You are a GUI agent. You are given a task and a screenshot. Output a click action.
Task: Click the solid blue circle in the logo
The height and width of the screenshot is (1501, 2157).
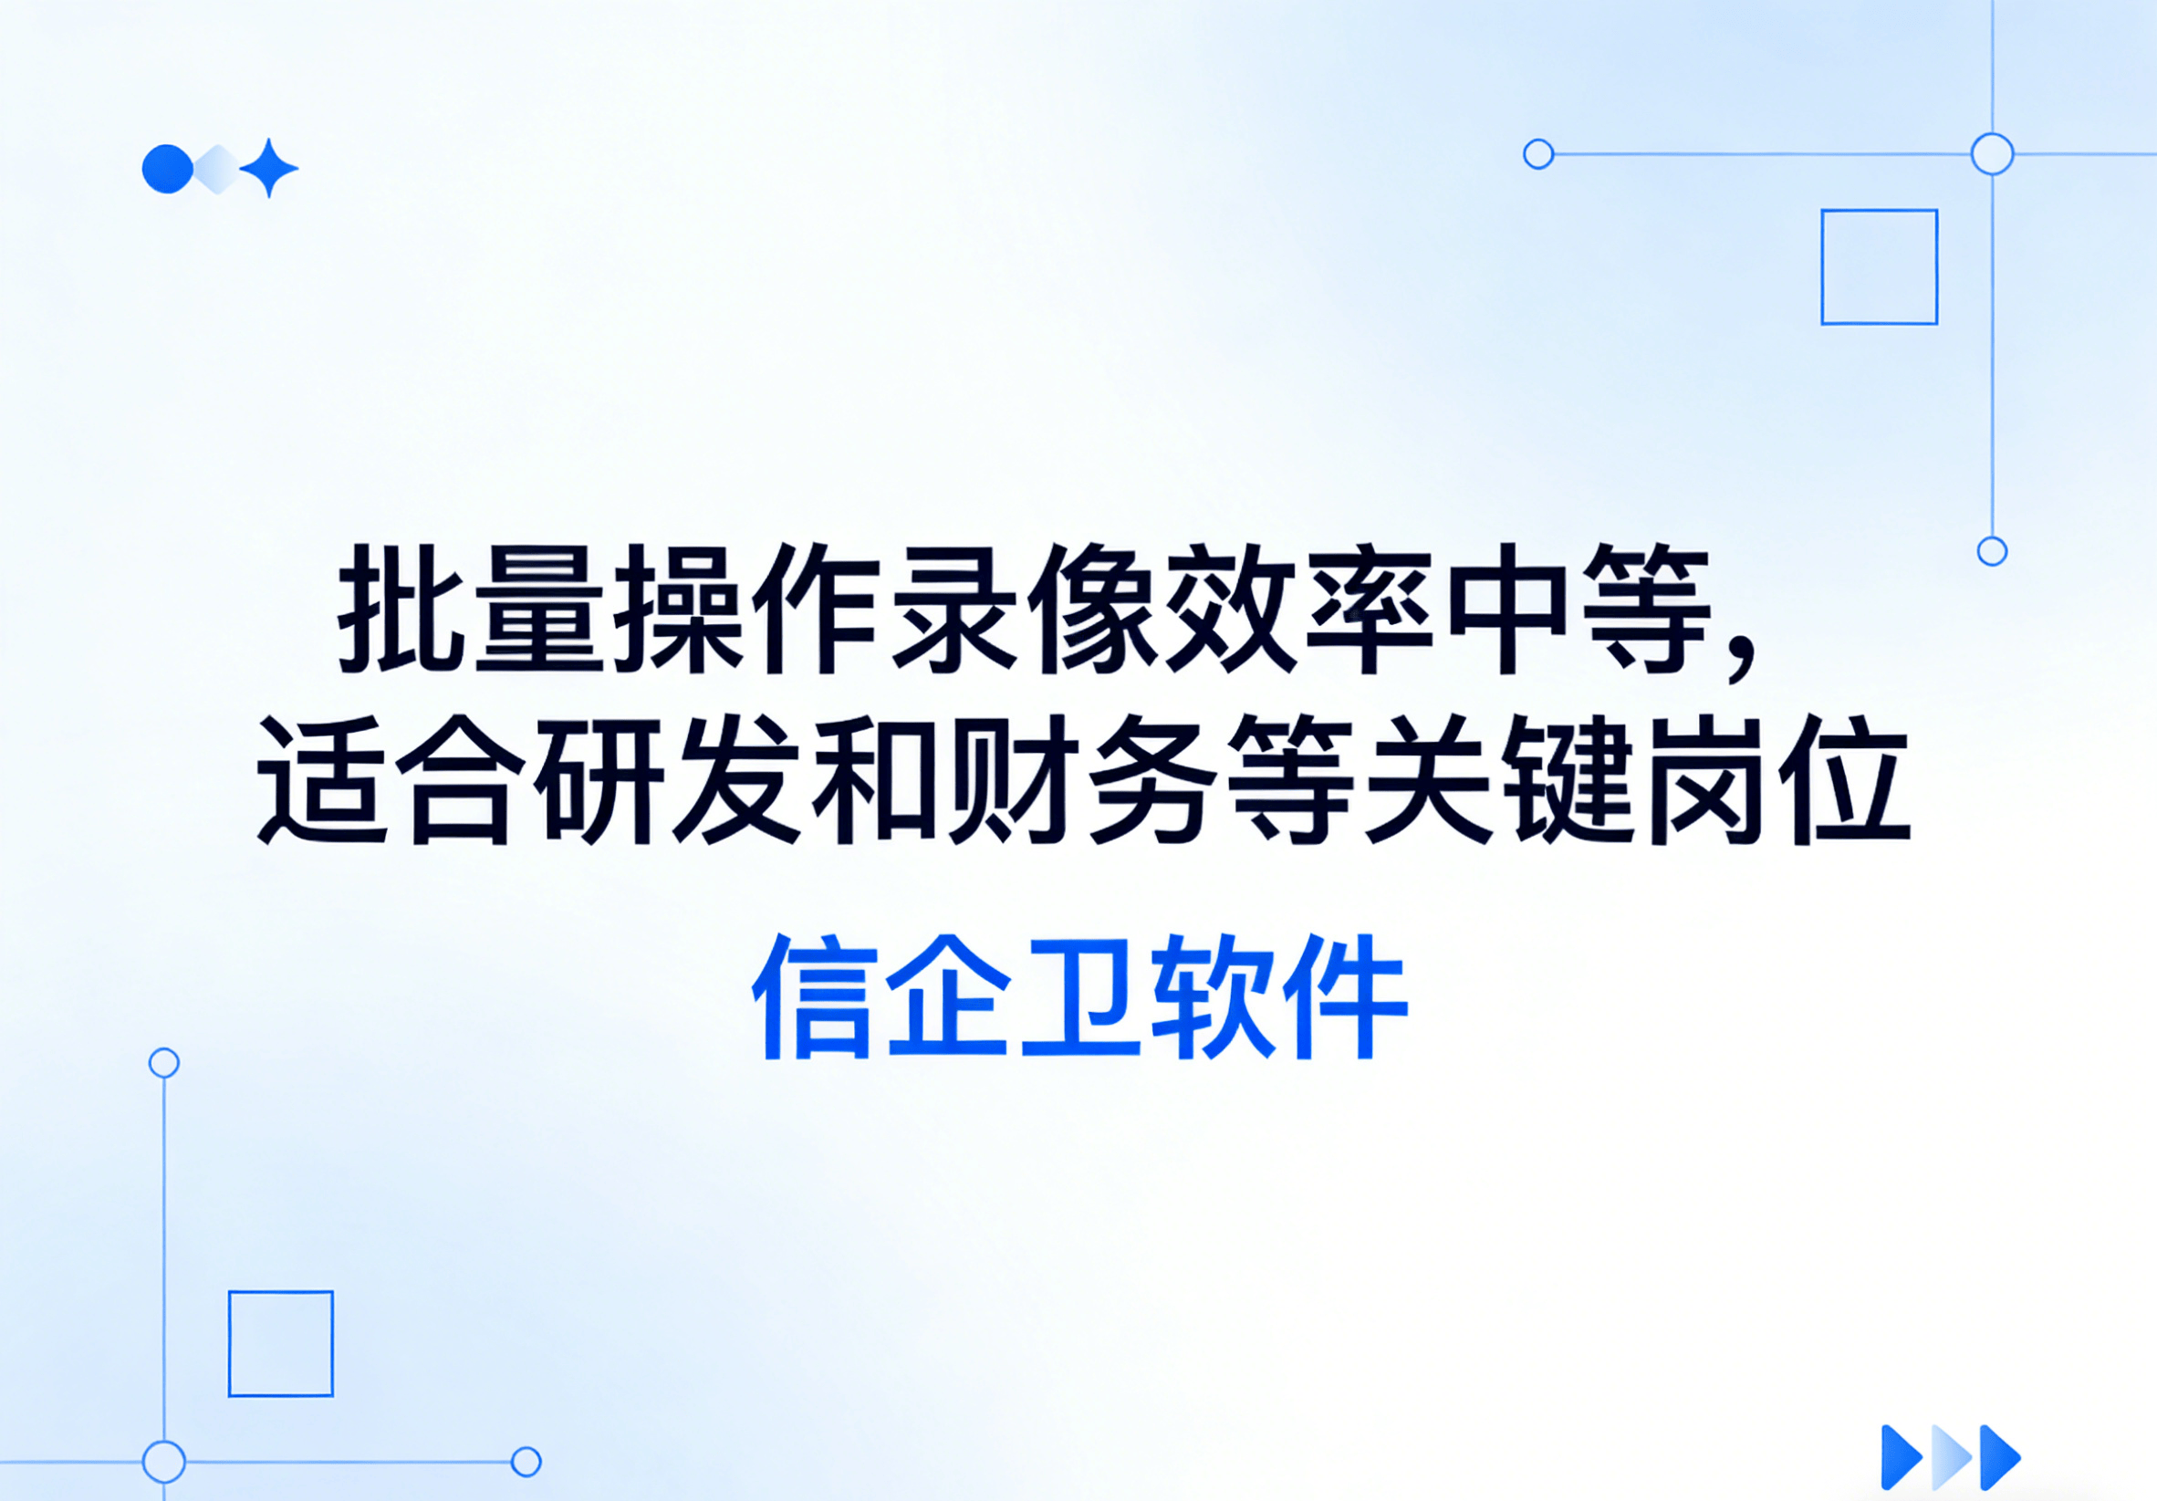click(167, 169)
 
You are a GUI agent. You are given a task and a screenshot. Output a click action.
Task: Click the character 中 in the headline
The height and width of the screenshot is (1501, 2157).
click(1511, 609)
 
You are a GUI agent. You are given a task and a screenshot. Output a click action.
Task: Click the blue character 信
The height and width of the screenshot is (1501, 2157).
click(815, 996)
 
